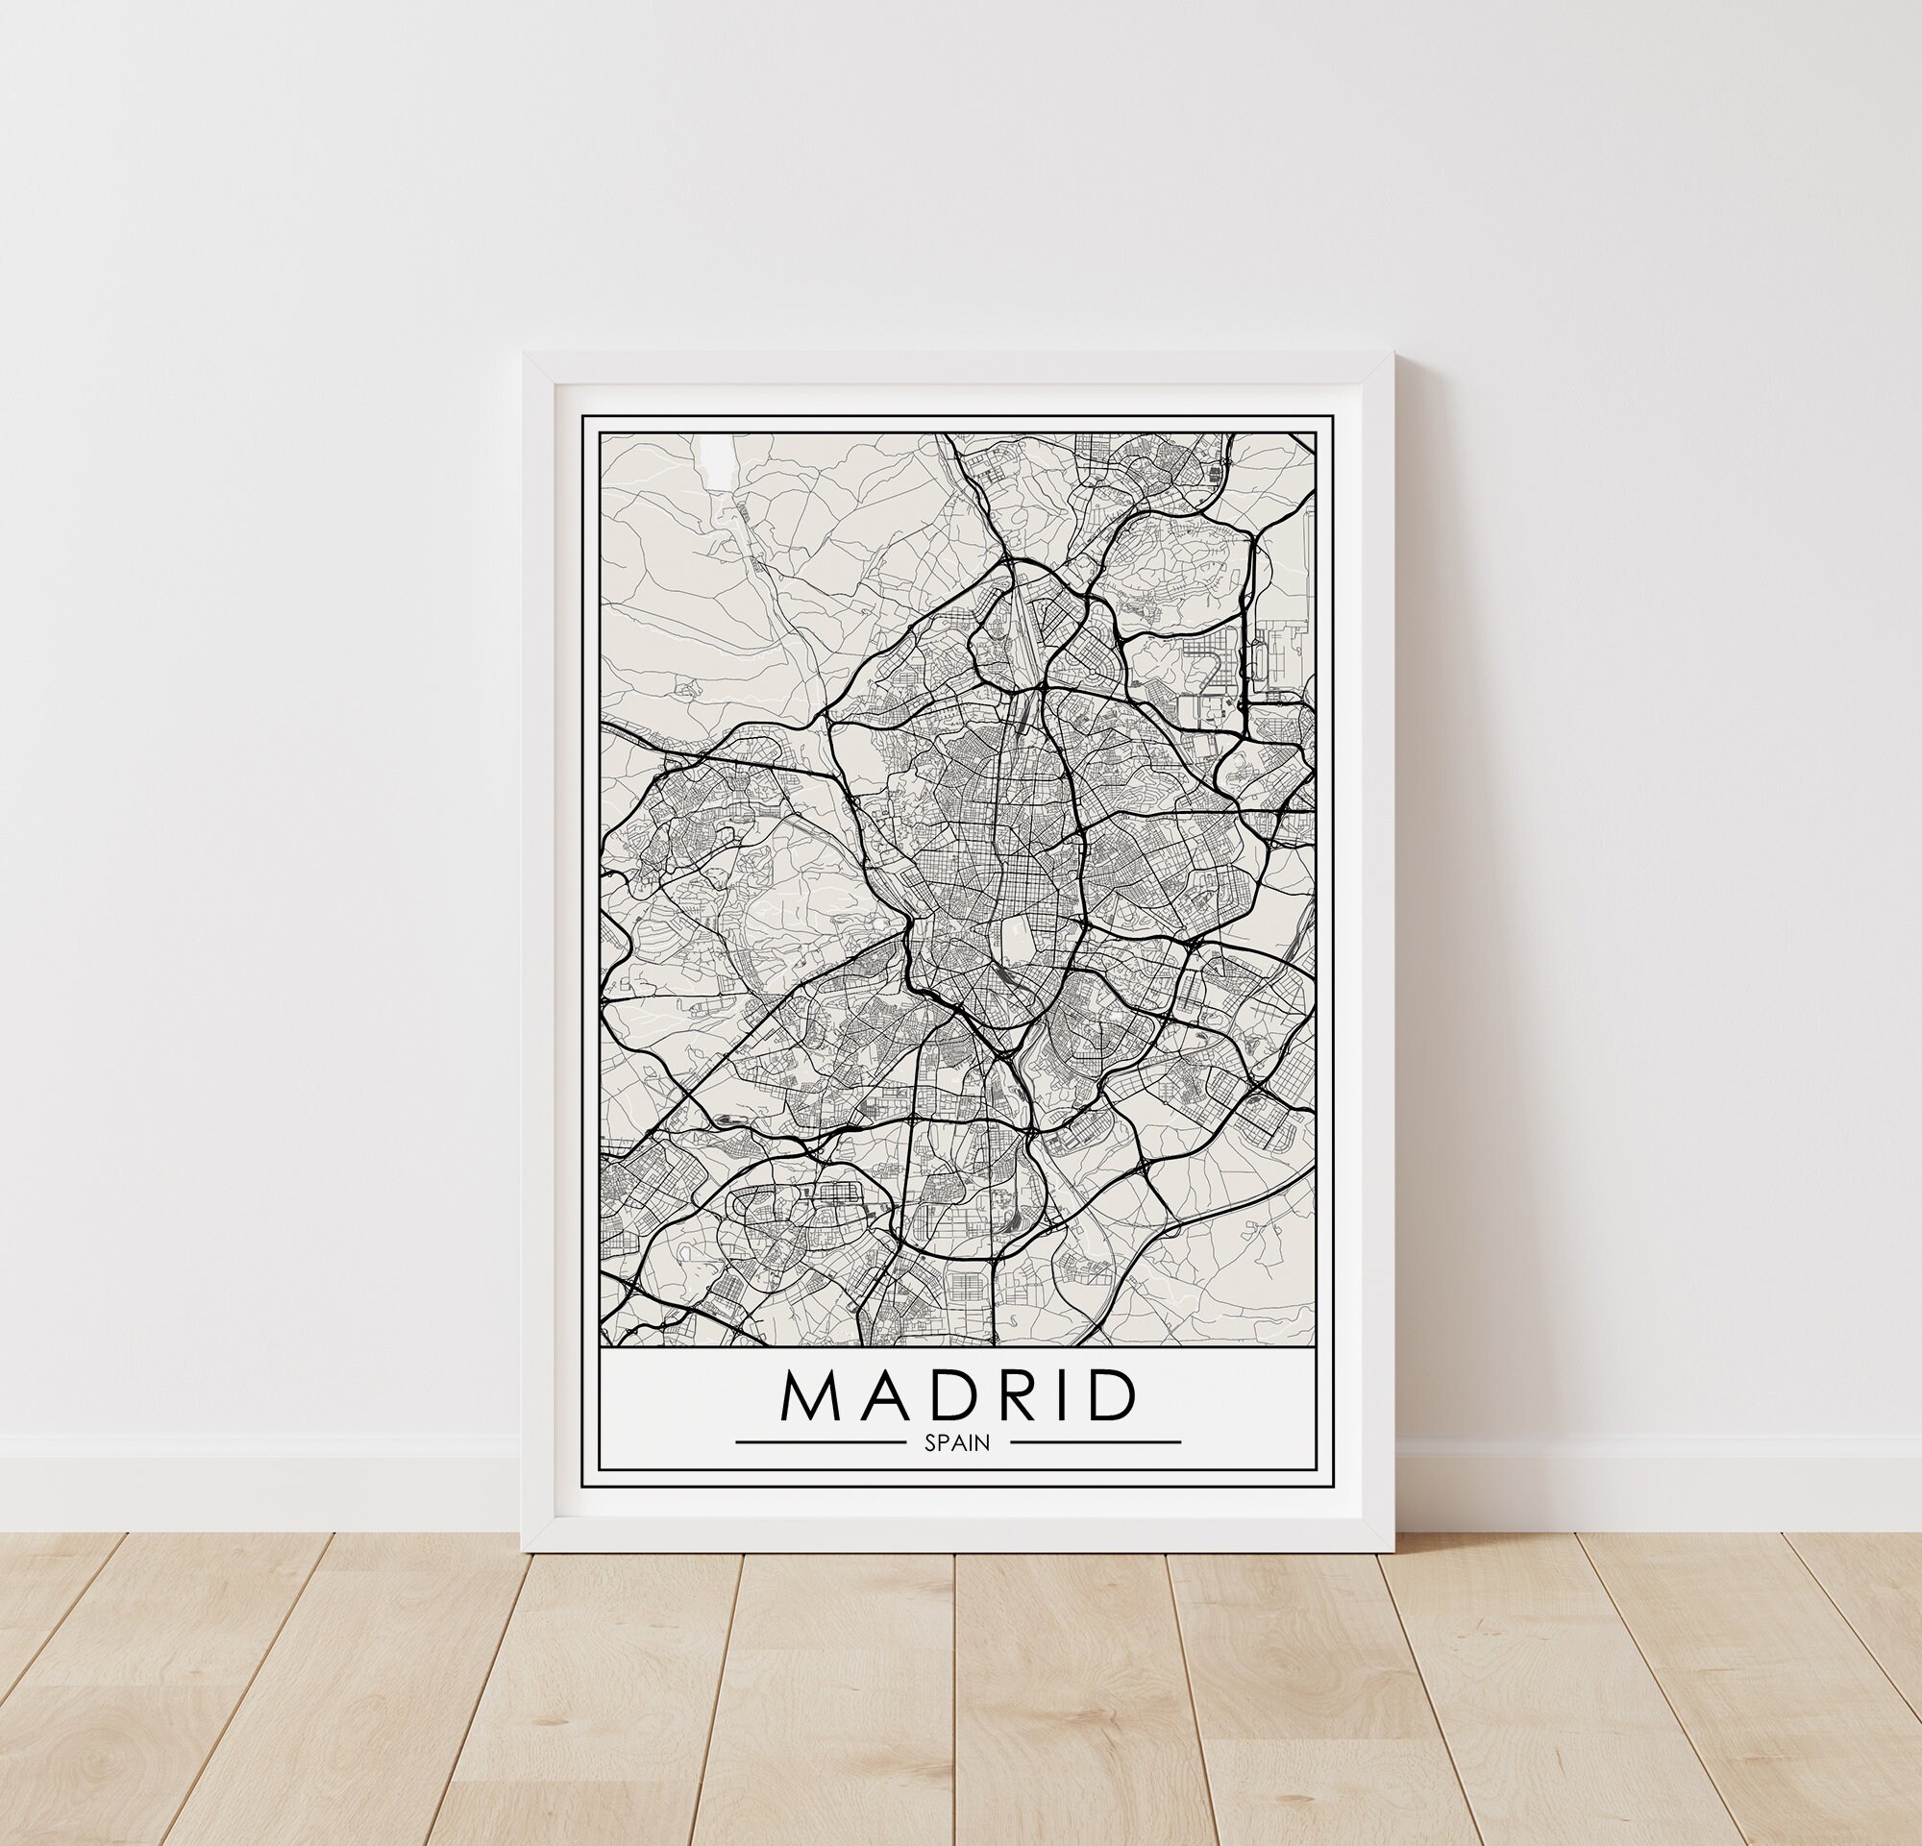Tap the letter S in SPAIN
coord(928,1442)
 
